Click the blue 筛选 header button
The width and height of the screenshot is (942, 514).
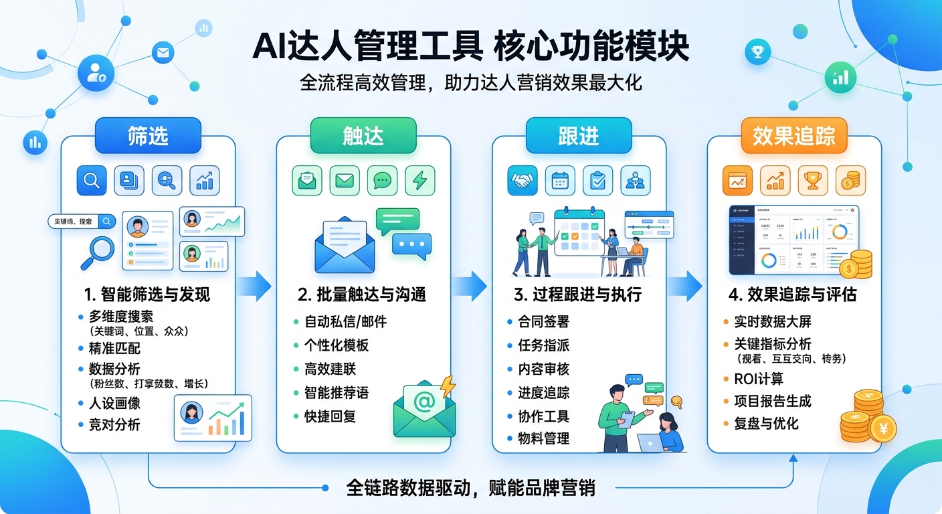coord(148,136)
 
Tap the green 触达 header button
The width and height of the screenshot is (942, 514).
coord(363,136)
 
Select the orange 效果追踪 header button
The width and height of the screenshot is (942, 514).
coord(793,136)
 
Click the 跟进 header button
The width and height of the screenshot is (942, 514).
coord(578,136)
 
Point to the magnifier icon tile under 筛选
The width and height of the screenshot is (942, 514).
coord(92,180)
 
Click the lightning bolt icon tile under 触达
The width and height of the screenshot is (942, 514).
coord(419,180)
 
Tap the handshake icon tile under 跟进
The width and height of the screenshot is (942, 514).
coord(523,180)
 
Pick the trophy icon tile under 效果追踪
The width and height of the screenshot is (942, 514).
coord(813,180)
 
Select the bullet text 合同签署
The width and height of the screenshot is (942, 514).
coord(543,322)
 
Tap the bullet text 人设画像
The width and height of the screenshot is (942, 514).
coord(114,404)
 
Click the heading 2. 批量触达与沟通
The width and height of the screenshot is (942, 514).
coord(362,294)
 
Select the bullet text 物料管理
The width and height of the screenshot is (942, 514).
coord(543,439)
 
